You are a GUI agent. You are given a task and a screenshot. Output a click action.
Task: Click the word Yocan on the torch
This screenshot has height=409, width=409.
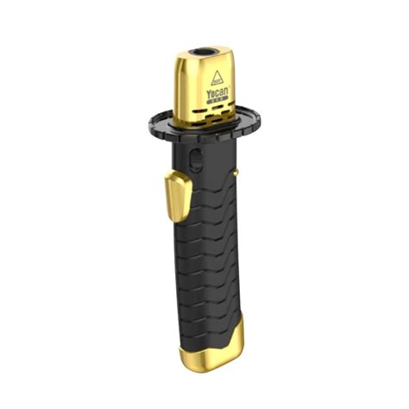(217, 90)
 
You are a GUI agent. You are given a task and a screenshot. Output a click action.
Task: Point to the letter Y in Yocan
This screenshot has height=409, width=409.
(208, 90)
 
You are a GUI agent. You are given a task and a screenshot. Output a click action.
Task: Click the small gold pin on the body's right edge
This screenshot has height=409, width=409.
(235, 175)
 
